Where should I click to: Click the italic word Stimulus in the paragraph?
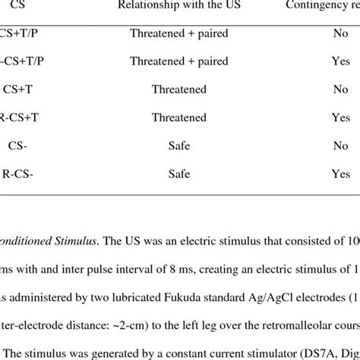point(63,231)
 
